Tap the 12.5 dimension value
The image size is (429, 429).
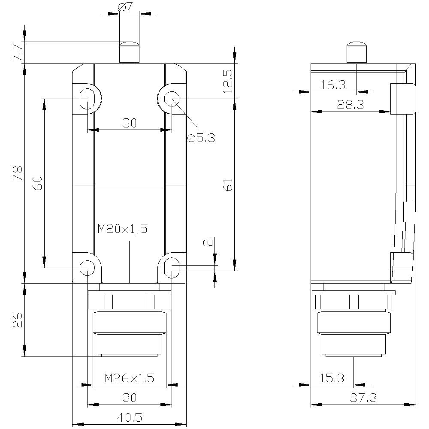(x=228, y=82)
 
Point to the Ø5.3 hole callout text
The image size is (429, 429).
(x=201, y=138)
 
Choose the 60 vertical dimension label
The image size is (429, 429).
(x=37, y=184)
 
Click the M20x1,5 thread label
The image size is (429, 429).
(x=122, y=229)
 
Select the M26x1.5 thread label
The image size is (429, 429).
(x=129, y=378)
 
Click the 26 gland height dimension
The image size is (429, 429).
(x=18, y=320)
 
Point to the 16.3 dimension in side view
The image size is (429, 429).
(x=333, y=85)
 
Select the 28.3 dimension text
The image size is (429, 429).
(x=350, y=105)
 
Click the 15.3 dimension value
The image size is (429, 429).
(x=332, y=378)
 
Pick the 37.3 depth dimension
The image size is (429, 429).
(x=363, y=398)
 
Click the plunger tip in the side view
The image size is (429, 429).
(x=356, y=45)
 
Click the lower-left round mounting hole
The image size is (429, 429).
(x=87, y=267)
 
